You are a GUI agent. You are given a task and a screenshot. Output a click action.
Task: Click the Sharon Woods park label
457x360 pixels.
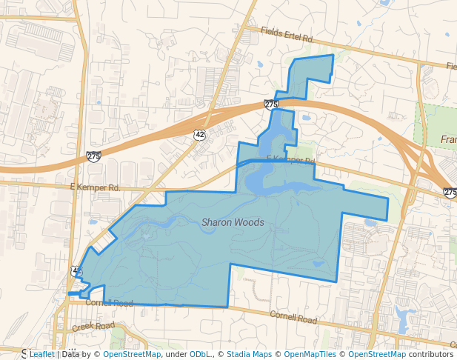(x=233, y=221)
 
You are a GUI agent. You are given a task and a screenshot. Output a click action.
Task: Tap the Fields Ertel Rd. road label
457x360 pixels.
(x=287, y=34)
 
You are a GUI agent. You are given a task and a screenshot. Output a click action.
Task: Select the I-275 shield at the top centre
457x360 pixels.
(x=271, y=104)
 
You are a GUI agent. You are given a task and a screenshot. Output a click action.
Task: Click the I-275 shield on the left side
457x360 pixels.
(x=93, y=156)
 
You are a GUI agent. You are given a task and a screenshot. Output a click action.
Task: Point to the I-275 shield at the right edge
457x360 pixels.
(x=450, y=192)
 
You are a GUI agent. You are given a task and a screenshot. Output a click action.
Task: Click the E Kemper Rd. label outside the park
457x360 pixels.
(x=95, y=188)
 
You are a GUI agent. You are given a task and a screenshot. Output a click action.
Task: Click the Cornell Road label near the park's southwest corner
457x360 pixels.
(x=109, y=303)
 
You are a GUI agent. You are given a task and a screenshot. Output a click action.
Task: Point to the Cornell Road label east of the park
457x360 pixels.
(x=293, y=319)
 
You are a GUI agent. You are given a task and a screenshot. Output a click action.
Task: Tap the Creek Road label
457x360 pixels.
(x=93, y=326)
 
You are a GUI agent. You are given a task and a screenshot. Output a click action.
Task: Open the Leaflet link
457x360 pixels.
(x=41, y=354)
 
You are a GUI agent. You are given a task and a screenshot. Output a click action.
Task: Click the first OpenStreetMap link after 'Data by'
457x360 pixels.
(x=132, y=354)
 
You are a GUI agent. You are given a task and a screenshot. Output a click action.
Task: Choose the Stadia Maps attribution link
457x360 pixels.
(x=249, y=354)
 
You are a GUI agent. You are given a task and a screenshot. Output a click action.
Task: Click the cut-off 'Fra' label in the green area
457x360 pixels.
(x=448, y=140)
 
